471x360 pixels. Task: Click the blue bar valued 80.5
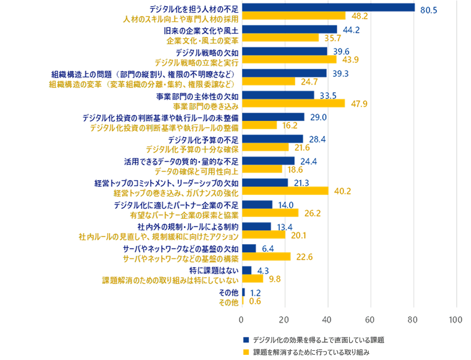point(328,8)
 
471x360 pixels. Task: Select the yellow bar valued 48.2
point(293,16)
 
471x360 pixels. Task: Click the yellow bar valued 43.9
point(289,60)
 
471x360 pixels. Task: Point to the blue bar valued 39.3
point(284,73)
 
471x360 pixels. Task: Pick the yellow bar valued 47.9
point(293,103)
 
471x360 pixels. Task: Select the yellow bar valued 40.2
point(285,191)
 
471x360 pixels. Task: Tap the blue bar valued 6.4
point(249,248)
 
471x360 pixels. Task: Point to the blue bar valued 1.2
point(243,292)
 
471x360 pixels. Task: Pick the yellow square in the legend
point(245,352)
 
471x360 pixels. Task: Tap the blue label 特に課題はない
point(213,270)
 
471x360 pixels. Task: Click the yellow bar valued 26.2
point(270,213)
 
